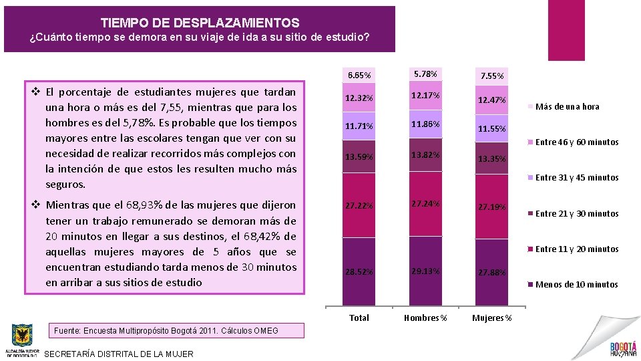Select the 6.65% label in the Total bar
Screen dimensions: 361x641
point(359,74)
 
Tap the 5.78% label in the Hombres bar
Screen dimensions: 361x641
point(425,74)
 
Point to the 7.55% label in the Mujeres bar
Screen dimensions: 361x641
point(491,76)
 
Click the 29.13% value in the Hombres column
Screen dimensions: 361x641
point(425,271)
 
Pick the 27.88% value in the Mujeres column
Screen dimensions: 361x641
point(491,273)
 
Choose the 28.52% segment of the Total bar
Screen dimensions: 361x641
point(359,272)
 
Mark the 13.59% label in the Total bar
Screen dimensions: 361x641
point(359,157)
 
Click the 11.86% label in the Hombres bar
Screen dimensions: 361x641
point(425,124)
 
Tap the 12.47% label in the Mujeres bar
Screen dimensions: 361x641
point(491,100)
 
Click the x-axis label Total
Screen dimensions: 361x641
point(359,318)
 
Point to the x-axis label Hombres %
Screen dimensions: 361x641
point(425,318)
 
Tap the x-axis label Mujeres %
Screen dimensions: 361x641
point(491,318)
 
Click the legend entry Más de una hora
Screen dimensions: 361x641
point(567,106)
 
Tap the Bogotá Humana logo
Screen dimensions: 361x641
point(622,348)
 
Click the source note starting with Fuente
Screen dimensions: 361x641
point(166,330)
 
